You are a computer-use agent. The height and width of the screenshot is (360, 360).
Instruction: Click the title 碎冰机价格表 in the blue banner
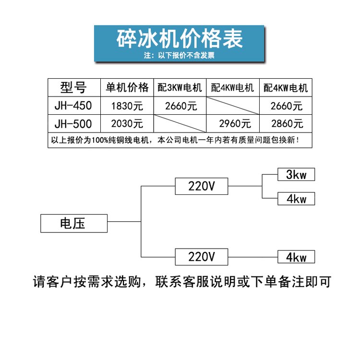pos(180,39)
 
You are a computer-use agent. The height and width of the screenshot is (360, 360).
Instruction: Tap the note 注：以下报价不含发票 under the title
pos(180,55)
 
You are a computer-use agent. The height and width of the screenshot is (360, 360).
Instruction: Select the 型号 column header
pos(73,87)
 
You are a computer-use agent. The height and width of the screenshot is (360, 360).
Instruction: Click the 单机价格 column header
pos(127,87)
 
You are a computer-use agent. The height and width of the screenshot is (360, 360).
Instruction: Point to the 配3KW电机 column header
pos(180,88)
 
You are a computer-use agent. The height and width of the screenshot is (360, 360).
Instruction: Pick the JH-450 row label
pos(73,106)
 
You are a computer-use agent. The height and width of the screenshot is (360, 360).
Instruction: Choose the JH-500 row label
pos(73,124)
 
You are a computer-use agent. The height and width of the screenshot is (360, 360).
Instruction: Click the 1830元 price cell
pos(127,106)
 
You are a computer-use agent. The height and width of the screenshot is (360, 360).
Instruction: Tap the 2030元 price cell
pos(127,124)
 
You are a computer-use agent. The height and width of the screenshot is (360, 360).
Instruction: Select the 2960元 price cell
pos(235,124)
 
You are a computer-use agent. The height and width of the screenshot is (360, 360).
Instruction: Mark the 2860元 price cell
pos(287,124)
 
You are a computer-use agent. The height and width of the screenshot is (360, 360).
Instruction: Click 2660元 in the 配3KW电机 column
pos(181,106)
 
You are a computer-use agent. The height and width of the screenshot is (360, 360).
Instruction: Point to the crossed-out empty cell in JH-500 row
pos(180,123)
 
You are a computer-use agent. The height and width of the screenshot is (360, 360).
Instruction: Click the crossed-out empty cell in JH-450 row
pos(233,106)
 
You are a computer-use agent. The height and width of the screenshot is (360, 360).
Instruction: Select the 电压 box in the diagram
pos(74,223)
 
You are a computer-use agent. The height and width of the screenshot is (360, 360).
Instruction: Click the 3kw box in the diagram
pos(296,175)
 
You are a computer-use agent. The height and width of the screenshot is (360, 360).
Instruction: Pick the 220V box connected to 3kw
pos(202,186)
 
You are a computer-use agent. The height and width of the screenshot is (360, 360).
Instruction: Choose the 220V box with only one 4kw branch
pos(202,257)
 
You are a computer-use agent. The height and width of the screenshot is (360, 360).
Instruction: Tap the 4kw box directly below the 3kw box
pos(296,199)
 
